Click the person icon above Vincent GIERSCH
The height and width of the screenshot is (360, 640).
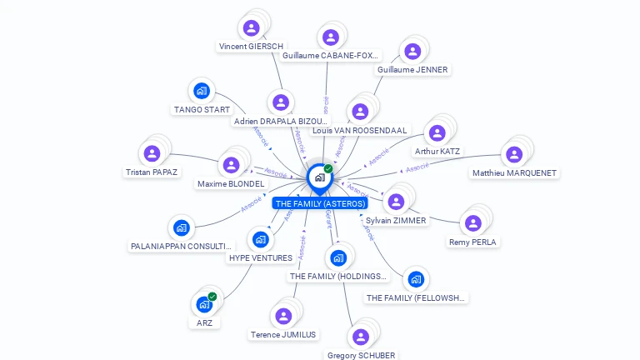[251, 28]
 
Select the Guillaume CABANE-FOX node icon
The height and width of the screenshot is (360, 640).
[331, 37]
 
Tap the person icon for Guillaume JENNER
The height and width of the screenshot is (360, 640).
[412, 52]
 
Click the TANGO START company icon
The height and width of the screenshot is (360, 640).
[201, 92]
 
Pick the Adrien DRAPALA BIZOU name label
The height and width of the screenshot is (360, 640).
[281, 122]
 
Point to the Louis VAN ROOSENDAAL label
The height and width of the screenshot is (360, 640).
[360, 131]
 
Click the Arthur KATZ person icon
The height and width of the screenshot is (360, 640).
[437, 133]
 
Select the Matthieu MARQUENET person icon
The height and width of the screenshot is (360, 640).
[514, 155]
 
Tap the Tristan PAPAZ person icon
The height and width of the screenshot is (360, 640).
[152, 154]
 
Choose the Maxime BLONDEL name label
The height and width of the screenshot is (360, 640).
[231, 183]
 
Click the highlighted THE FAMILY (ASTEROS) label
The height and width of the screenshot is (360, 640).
[320, 203]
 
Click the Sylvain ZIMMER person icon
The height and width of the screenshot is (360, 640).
[396, 202]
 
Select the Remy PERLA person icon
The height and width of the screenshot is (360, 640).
[472, 223]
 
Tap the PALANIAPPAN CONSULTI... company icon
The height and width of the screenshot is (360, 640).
[181, 227]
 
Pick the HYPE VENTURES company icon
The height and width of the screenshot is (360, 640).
[260, 240]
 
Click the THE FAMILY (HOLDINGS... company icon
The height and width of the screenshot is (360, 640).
[337, 257]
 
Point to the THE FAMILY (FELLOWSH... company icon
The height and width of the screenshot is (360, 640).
[416, 279]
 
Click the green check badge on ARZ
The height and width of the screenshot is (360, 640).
[212, 297]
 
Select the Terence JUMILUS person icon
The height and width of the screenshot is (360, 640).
[283, 316]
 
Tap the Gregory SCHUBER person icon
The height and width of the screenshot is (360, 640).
[360, 337]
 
